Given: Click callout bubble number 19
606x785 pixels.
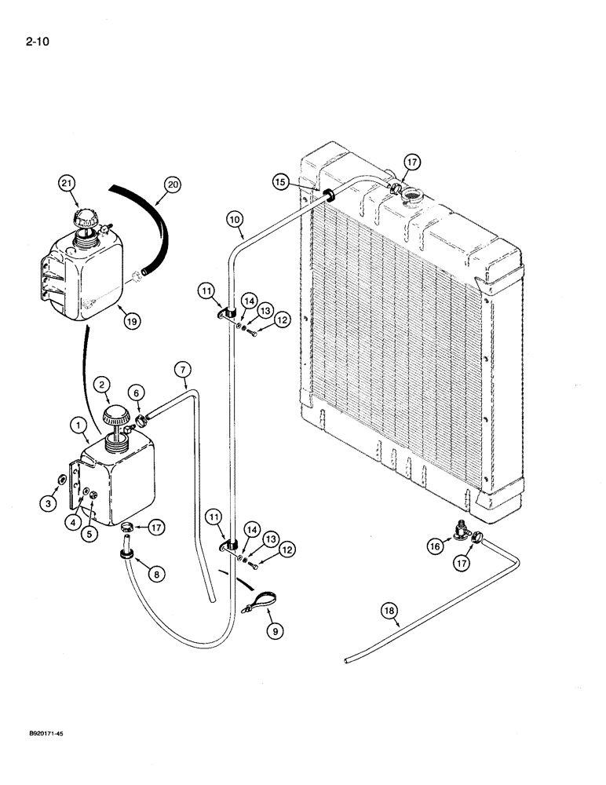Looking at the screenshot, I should coord(124,319).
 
